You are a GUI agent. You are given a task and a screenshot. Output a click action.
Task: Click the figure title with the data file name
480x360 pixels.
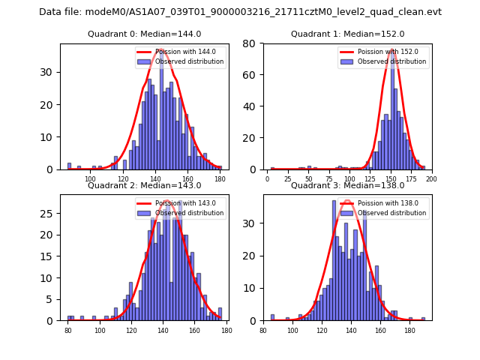240,12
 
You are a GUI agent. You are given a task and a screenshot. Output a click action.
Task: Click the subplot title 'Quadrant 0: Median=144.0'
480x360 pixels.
145,34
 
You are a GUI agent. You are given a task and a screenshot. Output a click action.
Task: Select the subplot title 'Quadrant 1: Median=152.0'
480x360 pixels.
347,34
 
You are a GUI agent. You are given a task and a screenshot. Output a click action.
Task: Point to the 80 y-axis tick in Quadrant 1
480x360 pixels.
253,44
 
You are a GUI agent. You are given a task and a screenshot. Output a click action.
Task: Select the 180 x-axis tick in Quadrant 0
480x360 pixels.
220,179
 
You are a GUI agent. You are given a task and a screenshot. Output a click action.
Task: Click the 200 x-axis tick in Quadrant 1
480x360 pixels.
430,179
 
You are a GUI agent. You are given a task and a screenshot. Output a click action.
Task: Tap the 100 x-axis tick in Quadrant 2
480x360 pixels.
100,330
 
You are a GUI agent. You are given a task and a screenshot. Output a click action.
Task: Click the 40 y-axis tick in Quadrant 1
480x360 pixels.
253,106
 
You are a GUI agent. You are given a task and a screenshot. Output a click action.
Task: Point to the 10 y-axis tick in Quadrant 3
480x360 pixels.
253,288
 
